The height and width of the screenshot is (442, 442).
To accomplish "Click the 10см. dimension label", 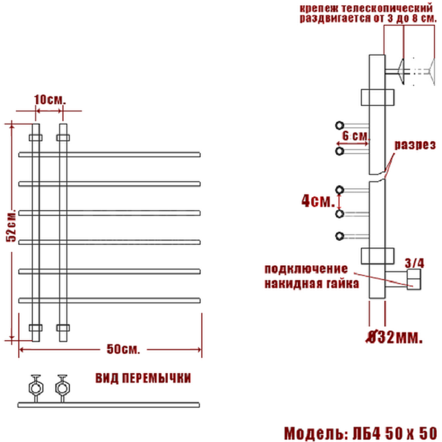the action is click(x=50, y=100).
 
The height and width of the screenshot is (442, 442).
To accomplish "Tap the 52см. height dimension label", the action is click(x=12, y=225).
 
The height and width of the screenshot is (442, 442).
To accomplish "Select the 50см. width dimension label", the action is click(x=123, y=349).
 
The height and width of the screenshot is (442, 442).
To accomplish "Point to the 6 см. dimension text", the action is click(x=355, y=136).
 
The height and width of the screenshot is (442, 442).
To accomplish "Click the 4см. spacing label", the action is click(x=318, y=201).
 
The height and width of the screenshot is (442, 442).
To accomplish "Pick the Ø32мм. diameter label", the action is click(x=394, y=337).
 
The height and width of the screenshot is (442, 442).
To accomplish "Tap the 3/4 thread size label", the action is click(x=414, y=263).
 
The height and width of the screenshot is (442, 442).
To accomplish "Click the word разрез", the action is click(x=415, y=145).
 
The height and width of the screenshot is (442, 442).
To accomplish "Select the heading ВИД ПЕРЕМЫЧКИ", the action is click(x=143, y=378).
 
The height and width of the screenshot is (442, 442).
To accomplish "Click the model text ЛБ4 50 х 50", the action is click(x=395, y=433).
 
